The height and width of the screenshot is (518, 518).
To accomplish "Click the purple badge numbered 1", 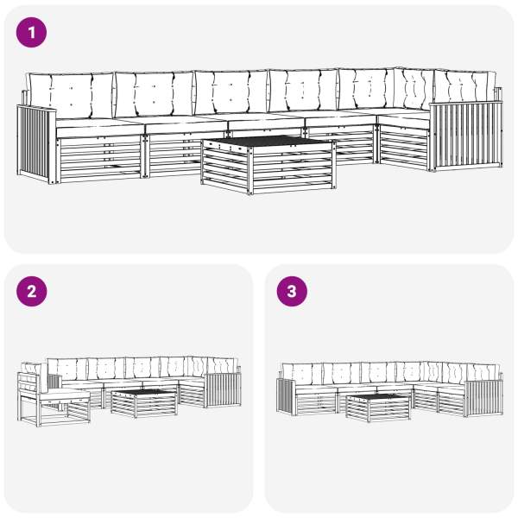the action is pos(31,33).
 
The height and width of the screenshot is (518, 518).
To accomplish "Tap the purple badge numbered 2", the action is pos(31,292).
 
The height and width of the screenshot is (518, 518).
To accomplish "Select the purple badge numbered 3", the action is pos(292,292).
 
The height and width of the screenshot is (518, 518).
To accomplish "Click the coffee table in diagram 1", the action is pos(268,165).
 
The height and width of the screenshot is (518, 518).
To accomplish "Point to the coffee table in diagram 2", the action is pos(143,403).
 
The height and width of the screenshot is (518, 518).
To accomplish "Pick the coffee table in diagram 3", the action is pos(379,407).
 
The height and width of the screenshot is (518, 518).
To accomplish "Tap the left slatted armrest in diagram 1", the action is pos(36,143).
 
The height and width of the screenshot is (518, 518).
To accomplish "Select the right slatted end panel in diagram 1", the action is pos(466,136).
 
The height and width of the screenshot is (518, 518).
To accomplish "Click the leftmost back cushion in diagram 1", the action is pos(71,96).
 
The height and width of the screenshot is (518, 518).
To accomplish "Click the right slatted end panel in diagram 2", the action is pos(224,390).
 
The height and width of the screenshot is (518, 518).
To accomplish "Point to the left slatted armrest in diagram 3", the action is pos(286,396).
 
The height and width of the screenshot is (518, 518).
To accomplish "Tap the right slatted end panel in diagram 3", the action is pos(483,398).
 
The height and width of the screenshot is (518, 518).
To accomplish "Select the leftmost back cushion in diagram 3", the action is pos(302,374).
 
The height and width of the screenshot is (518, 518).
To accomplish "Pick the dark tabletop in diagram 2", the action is pos(143,392).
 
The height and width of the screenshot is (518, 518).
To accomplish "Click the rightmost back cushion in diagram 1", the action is pos(465,86).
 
